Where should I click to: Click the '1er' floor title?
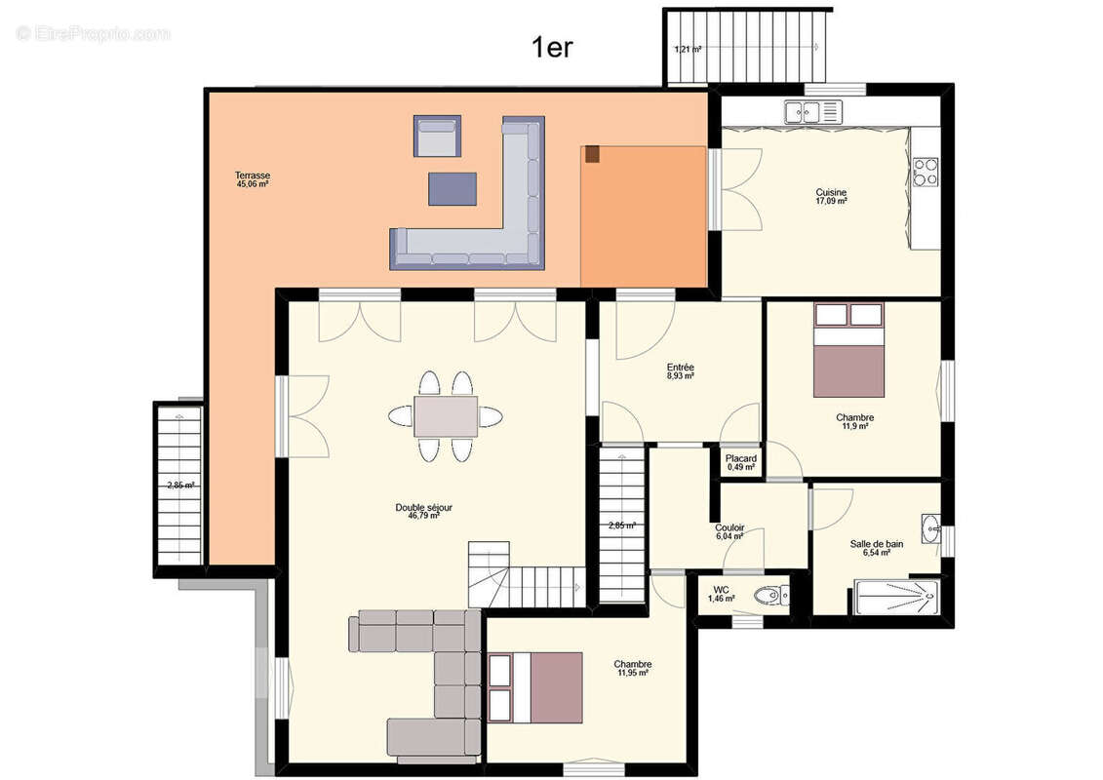[x=552, y=47]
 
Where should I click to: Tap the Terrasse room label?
[x=253, y=175]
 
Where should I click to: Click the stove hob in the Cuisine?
[x=926, y=172]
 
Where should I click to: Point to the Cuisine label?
[x=831, y=192]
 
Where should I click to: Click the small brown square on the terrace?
[x=592, y=154]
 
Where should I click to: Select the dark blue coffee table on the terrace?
[x=453, y=188]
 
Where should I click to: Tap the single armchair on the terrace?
[x=437, y=136]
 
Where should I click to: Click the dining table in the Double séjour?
[x=446, y=416]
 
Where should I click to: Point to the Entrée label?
[x=680, y=368]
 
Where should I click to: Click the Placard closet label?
[x=741, y=458]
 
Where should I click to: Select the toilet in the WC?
[x=771, y=597]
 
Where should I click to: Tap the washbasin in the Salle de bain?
[x=931, y=527]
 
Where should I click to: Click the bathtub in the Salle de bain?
[x=897, y=597]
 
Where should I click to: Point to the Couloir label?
[x=729, y=527]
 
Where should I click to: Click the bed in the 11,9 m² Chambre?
[x=848, y=350]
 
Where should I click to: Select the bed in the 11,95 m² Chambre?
[x=535, y=688]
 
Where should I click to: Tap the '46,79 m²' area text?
[x=423, y=516]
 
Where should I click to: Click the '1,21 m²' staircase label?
[x=688, y=49]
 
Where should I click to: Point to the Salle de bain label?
[x=877, y=544]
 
